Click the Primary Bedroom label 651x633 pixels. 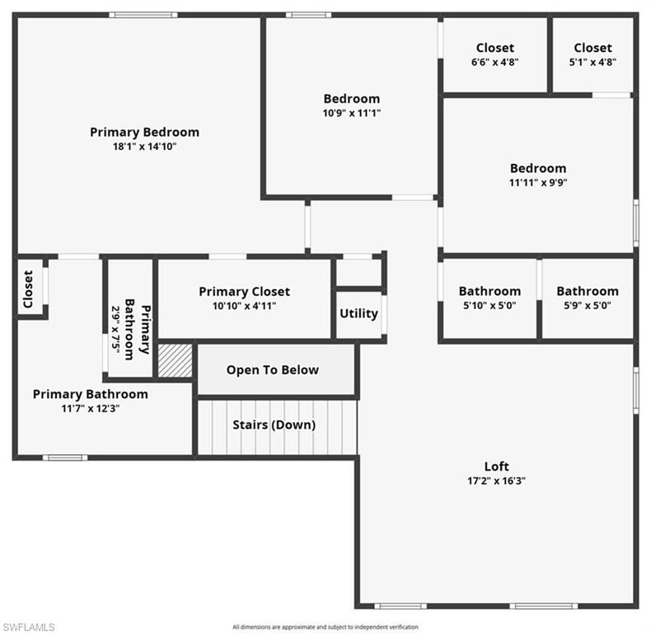144,132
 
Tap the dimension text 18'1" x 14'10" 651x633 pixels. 144,147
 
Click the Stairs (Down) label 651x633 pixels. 274,425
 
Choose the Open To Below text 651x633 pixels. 272,369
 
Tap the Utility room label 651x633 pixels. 358,313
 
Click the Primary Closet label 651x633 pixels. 244,292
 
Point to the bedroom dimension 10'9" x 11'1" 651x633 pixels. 351,113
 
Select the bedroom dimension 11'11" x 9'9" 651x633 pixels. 537,183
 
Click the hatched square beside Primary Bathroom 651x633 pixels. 175,361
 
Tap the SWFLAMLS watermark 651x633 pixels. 28,627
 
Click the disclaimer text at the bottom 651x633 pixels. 325,627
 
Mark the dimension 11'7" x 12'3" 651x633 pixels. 90,409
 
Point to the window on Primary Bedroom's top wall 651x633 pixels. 143,14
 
